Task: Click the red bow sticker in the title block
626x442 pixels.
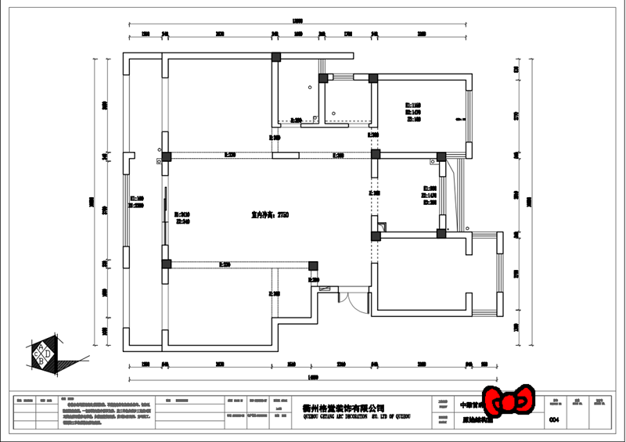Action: [509, 401]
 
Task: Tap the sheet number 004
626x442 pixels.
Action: [555, 420]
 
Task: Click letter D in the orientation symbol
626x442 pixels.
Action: [48, 353]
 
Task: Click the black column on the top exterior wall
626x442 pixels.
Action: [275, 57]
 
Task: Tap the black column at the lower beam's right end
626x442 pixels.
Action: [313, 265]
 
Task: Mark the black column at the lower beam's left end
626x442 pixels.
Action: [166, 264]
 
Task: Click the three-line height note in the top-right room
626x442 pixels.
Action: [413, 112]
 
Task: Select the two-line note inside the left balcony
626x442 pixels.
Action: [136, 202]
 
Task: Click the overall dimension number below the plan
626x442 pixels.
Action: [313, 378]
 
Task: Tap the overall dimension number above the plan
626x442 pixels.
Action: [297, 21]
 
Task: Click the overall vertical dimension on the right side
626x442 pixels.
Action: [529, 201]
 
